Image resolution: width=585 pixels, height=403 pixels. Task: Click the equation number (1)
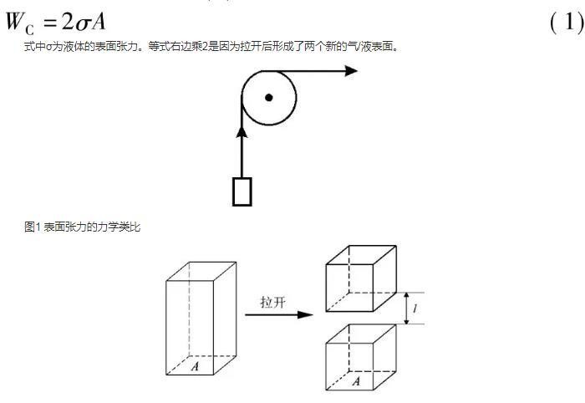pyautogui.click(x=567, y=22)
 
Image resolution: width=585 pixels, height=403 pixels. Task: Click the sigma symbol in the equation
pyautogui.click(x=83, y=24)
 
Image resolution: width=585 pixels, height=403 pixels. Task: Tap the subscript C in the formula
pyautogui.click(x=30, y=29)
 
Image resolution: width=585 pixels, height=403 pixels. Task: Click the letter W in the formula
pyautogui.click(x=15, y=21)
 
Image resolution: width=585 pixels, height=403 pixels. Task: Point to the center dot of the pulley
pyautogui.click(x=268, y=98)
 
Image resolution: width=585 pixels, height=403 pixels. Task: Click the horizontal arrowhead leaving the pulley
pyautogui.click(x=351, y=70)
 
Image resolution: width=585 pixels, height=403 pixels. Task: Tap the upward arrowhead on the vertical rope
pyautogui.click(x=242, y=132)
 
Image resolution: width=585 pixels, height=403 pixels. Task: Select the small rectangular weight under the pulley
pyautogui.click(x=242, y=191)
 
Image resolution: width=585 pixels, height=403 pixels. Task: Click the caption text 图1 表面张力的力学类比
pyautogui.click(x=82, y=227)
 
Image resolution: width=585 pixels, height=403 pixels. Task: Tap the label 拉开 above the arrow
pyautogui.click(x=272, y=302)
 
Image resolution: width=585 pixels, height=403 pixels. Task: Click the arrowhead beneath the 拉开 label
pyautogui.click(x=306, y=314)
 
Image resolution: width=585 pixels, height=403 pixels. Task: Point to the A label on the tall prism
pyautogui.click(x=195, y=366)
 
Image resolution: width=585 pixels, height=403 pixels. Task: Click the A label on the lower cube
pyautogui.click(x=357, y=381)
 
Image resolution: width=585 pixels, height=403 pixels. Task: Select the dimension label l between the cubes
pyautogui.click(x=415, y=309)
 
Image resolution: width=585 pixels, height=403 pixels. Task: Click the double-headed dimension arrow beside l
pyautogui.click(x=407, y=309)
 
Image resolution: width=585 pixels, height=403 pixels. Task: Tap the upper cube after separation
pyautogui.click(x=361, y=278)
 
